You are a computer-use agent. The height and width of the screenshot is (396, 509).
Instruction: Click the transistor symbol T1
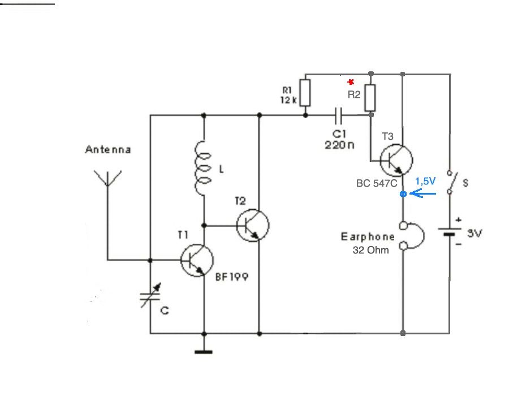coord(197,260)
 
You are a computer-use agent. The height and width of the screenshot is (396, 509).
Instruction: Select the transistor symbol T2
coord(253,225)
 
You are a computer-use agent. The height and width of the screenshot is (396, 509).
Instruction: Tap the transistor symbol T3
coord(396,160)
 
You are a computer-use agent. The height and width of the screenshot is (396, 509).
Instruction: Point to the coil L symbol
coord(203,169)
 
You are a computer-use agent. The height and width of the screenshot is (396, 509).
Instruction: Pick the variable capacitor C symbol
coord(150,295)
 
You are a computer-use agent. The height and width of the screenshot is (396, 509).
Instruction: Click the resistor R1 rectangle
coord(305,93)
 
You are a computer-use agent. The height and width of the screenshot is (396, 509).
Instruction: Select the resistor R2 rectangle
coord(370,98)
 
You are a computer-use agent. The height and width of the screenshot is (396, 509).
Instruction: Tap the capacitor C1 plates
coord(338,116)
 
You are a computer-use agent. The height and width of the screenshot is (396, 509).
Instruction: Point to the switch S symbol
coord(452,182)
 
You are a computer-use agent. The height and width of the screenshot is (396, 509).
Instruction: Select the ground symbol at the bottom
coord(204,352)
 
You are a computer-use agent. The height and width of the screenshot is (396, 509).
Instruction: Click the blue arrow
coord(423,194)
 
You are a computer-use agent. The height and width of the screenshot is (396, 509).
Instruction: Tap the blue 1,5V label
coord(425,181)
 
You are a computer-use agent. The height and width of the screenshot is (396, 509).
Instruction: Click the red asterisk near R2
coord(351,81)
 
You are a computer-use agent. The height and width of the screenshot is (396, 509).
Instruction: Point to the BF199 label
coord(232,277)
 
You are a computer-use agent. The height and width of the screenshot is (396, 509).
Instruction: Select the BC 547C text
coord(377,183)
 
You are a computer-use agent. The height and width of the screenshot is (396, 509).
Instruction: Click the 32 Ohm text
coord(370,250)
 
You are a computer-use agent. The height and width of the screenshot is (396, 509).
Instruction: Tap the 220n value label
coord(339,145)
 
